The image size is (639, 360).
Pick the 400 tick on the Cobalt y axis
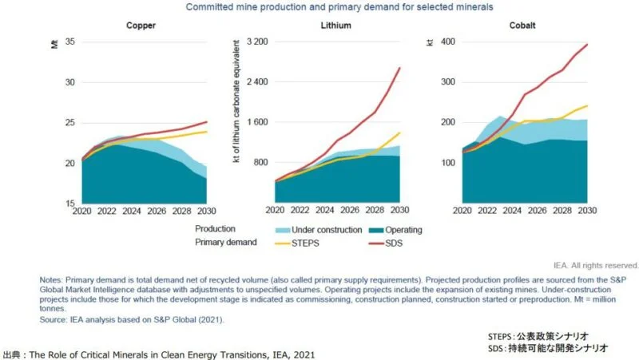448,42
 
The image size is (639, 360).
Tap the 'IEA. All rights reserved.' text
595,265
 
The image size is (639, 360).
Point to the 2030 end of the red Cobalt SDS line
586,45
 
